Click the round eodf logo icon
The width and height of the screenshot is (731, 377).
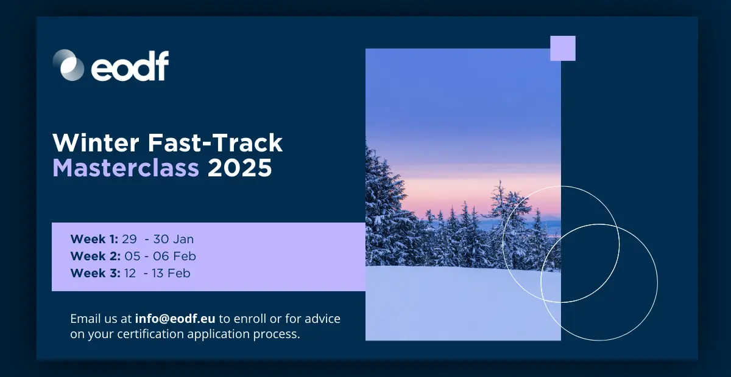coord(68,65)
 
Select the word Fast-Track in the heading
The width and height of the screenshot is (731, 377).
coord(216,143)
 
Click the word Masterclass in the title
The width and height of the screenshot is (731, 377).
coord(126,168)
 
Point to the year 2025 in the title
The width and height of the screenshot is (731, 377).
coord(239,168)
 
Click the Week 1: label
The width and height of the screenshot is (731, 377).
coord(94,239)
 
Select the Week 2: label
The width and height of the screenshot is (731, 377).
coord(96,256)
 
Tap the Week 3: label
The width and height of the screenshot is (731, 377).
coord(96,273)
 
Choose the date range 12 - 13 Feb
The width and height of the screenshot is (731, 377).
coord(157,273)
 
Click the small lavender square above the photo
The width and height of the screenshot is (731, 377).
coord(562,49)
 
